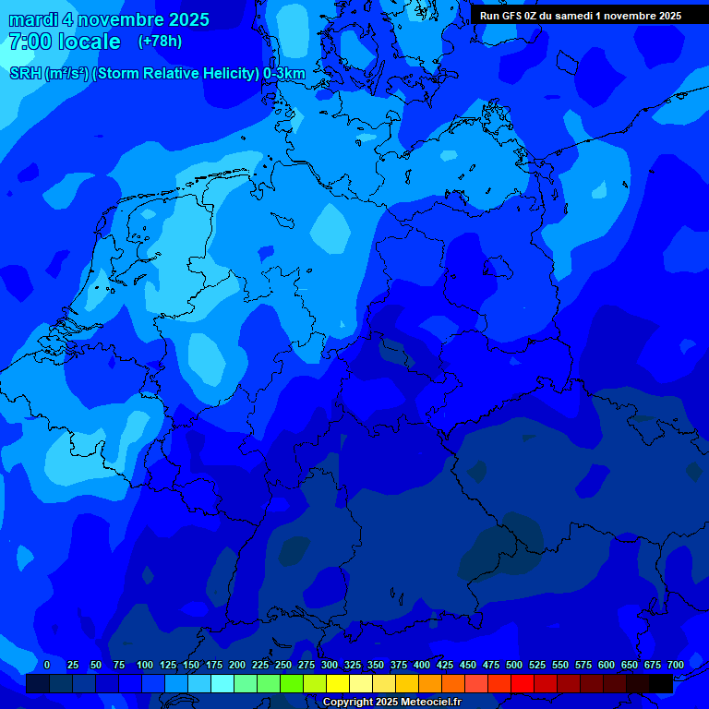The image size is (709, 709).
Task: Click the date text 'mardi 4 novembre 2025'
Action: point(109,19)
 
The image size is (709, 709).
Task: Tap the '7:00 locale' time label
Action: point(64,42)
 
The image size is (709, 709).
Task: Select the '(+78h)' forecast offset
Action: point(160,42)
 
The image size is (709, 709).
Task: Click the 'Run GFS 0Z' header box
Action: point(581,15)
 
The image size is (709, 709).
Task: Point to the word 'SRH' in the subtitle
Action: point(25,74)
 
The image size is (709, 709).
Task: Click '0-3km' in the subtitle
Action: point(284,74)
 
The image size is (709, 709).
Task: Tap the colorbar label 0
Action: point(47,665)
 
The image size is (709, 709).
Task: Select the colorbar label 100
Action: point(145,665)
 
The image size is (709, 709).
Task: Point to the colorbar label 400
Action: point(422,665)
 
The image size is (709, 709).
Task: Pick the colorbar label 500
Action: point(514,665)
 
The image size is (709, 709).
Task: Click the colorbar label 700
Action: point(675,665)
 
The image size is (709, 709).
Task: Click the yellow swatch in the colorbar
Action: point(338,683)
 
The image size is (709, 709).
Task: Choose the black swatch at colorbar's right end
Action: point(661,683)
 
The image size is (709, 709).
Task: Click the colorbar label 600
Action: point(607,665)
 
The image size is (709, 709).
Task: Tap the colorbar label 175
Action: point(214,665)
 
